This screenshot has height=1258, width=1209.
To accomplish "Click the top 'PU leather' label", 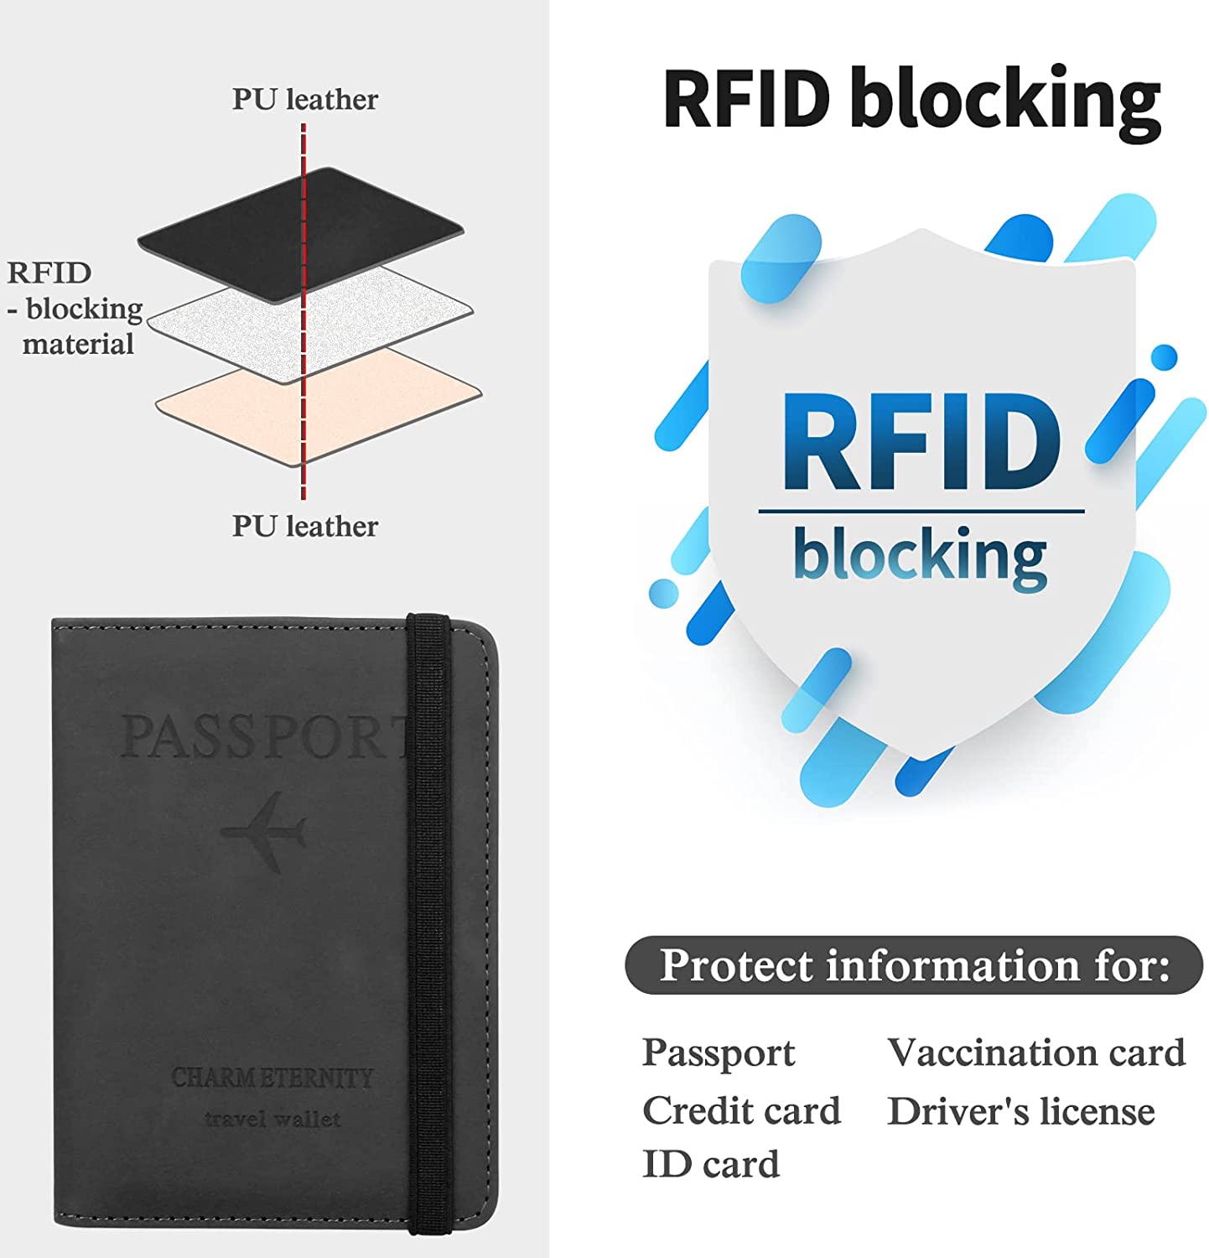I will (x=304, y=99).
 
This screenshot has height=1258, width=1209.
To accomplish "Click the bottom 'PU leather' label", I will (x=304, y=526).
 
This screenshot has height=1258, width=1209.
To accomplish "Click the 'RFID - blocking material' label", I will (x=74, y=308).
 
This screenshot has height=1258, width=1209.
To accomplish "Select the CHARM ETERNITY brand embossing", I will (x=272, y=1078).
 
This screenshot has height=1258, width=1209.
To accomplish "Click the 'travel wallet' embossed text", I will (x=272, y=1119).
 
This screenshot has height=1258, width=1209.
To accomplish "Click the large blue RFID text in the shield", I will (x=921, y=442).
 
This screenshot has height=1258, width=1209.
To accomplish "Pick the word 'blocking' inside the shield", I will (x=920, y=554).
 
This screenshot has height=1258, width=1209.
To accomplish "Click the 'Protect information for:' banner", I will (x=914, y=965).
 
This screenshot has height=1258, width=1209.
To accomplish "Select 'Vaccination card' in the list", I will (x=1036, y=1053).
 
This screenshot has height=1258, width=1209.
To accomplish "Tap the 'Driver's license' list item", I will (x=1021, y=1111).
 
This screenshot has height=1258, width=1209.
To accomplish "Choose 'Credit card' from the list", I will (x=741, y=1111).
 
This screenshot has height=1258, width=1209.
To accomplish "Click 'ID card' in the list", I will (x=711, y=1164).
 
